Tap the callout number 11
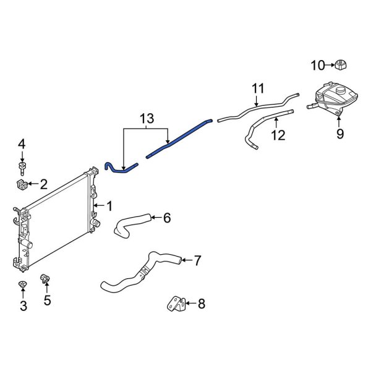point(257,88)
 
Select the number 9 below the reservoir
point(339,133)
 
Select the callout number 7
point(197,260)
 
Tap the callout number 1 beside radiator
point(109,205)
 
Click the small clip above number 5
point(45,279)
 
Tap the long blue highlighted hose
point(179,137)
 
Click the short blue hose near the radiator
point(116,168)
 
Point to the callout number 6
point(166,218)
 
